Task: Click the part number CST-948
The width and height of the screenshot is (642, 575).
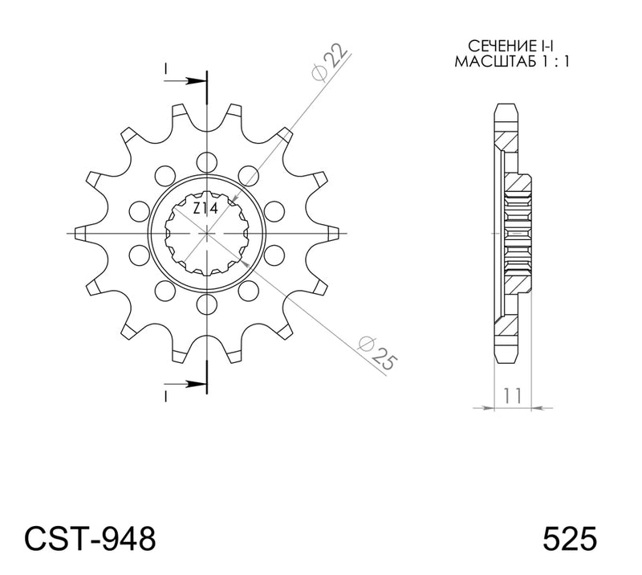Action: tap(90, 539)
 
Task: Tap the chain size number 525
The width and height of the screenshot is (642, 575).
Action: tap(570, 539)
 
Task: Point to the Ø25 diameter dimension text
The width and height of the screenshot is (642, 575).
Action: tap(377, 353)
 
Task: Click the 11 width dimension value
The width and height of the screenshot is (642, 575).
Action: tap(513, 395)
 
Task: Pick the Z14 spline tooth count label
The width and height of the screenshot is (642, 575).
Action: tap(205, 209)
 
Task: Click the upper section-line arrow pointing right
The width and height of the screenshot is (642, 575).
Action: tap(185, 81)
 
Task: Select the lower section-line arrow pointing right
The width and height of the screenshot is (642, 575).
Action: tap(185, 384)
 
